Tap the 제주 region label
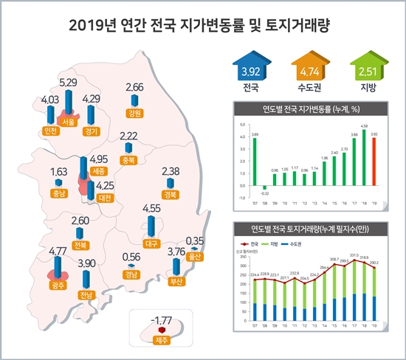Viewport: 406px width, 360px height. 161,340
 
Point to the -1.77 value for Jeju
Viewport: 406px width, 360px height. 160,320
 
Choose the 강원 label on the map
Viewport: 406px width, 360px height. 134,113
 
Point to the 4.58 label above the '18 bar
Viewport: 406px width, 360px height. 364,126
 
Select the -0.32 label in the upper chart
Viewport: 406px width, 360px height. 264,193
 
